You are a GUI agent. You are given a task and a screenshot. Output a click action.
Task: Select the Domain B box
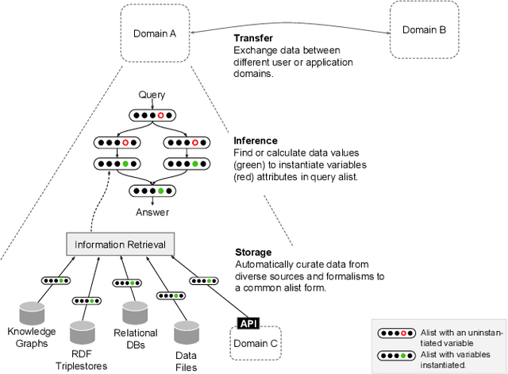pyautogui.click(x=424, y=30)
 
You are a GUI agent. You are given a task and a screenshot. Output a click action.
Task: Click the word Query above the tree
pyautogui.click(x=152, y=94)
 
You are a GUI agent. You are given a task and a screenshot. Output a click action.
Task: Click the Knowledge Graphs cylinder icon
pyautogui.click(x=33, y=313)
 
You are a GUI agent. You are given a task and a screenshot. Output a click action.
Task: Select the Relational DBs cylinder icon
pyautogui.click(x=136, y=313)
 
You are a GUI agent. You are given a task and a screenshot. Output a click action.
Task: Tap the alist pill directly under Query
pyautogui.click(x=152, y=116)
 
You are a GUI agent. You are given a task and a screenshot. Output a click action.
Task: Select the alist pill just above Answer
pyautogui.click(x=152, y=191)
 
